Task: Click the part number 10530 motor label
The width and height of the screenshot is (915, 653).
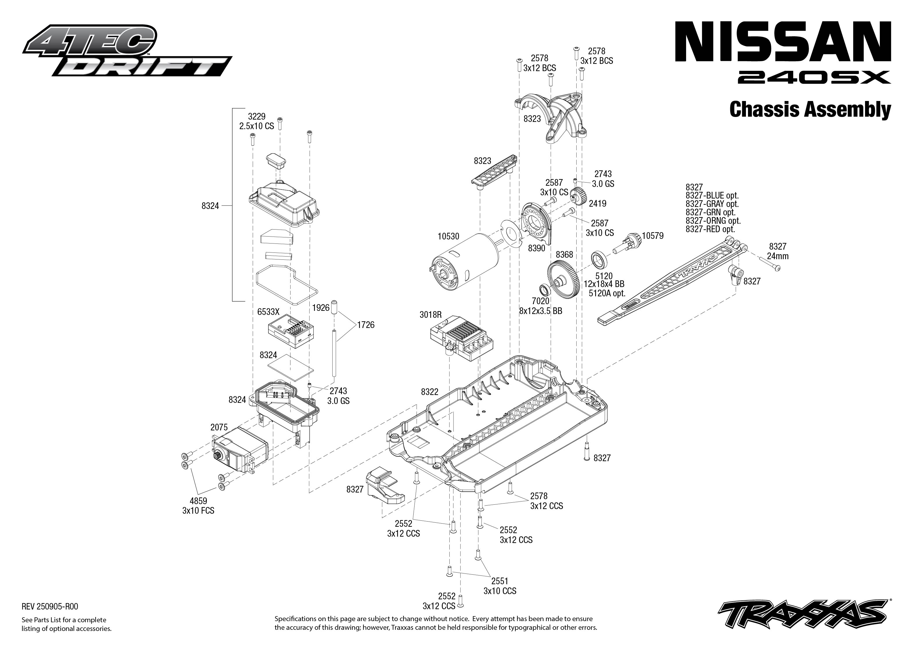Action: click(448, 237)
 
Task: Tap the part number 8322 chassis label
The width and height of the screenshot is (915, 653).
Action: click(429, 392)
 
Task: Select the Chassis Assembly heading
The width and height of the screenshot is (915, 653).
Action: click(810, 109)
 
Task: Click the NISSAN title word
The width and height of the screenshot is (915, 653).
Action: click(783, 42)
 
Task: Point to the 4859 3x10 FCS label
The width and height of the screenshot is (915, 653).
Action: click(198, 506)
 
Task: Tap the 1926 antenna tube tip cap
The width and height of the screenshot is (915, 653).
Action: click(334, 307)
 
